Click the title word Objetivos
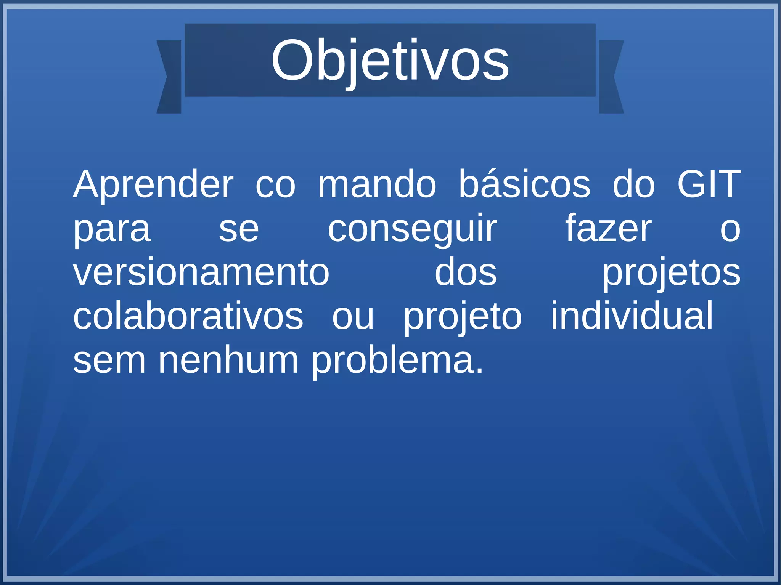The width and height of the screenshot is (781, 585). [390, 61]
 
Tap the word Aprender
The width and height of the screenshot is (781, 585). [153, 185]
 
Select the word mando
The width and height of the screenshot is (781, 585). [377, 184]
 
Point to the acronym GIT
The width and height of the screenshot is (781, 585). [709, 184]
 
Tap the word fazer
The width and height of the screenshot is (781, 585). [608, 229]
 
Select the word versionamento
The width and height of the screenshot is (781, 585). [201, 272]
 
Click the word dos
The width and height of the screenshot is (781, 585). [466, 272]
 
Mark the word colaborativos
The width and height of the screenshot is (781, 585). [188, 316]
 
